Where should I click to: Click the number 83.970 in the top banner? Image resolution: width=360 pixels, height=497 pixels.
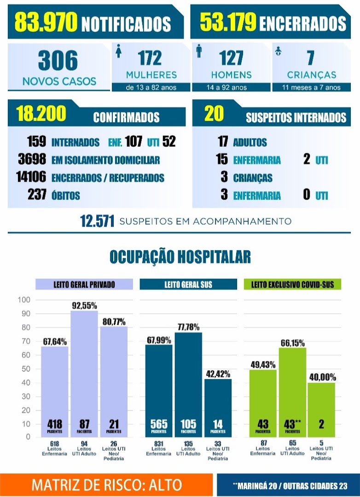(x=46, y=22)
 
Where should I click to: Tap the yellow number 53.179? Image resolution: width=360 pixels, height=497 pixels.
(x=228, y=22)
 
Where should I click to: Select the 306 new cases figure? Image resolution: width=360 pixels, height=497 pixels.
(x=58, y=61)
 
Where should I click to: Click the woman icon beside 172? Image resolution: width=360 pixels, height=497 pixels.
(x=119, y=51)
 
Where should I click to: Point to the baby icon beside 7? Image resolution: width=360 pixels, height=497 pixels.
(x=279, y=51)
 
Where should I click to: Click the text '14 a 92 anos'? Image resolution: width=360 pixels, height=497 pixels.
(x=226, y=87)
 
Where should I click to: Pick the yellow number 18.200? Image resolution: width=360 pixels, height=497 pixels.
(x=41, y=114)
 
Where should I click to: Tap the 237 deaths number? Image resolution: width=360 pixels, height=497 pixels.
(x=37, y=195)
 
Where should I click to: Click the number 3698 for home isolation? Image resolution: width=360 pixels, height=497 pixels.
(x=32, y=159)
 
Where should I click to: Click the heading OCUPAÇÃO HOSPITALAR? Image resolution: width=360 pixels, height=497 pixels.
(x=180, y=257)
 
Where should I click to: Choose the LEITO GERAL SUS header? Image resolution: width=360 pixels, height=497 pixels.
(x=188, y=284)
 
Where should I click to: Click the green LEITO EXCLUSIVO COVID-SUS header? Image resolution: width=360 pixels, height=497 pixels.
(x=292, y=284)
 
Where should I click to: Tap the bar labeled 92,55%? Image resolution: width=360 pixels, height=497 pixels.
(x=84, y=374)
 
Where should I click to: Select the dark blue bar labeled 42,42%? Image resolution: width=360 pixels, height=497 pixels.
(x=218, y=408)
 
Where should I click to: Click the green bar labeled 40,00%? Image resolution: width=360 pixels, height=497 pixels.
(x=321, y=410)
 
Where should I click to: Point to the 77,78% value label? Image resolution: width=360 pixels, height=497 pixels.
(x=188, y=327)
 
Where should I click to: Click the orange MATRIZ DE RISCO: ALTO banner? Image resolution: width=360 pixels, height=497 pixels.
(x=106, y=485)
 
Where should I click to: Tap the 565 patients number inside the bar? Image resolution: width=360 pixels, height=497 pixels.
(x=159, y=424)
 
